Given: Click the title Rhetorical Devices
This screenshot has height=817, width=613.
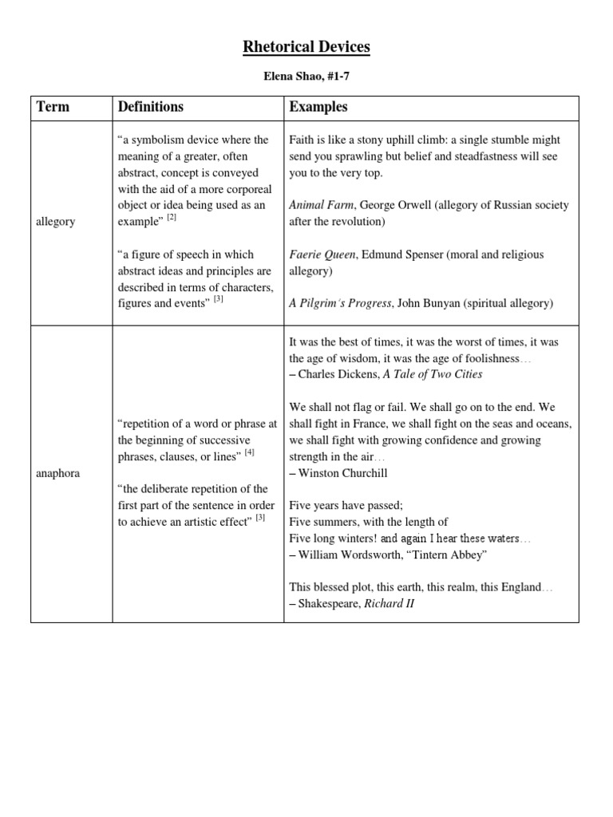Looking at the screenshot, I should pos(306,47).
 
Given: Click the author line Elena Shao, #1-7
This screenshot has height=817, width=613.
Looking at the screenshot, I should pos(306,78).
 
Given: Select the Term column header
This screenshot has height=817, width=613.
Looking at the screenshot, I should pos(52,107).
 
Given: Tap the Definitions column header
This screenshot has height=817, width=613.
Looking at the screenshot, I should pos(150,107).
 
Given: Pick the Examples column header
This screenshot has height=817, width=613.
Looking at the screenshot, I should pos(318,107).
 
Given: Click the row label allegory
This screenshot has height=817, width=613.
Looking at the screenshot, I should pos(56,221).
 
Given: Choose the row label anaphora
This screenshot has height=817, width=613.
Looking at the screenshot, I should pos(58,472).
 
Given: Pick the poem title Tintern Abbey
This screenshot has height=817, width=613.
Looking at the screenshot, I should pos(448,555).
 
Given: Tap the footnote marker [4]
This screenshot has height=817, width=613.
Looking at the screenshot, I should pos(249,452).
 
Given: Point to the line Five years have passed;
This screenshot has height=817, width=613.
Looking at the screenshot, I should pos(346,506).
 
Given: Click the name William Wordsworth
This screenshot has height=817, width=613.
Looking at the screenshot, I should pos(351,555).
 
